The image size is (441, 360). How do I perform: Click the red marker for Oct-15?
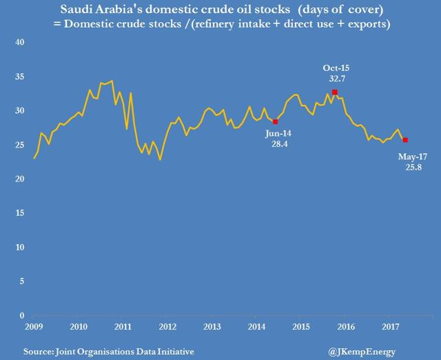pos(334,92)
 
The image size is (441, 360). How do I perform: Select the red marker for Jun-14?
pos(276,121)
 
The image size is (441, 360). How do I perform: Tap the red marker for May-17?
pos(405,140)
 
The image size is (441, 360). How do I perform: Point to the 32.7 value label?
pos(334,79)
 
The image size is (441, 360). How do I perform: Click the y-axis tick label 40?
pos(19,43)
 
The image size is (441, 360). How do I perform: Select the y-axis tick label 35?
pos(19,77)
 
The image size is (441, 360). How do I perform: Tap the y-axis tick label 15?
pos(19,213)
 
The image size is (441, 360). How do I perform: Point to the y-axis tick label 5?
pos(21,281)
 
